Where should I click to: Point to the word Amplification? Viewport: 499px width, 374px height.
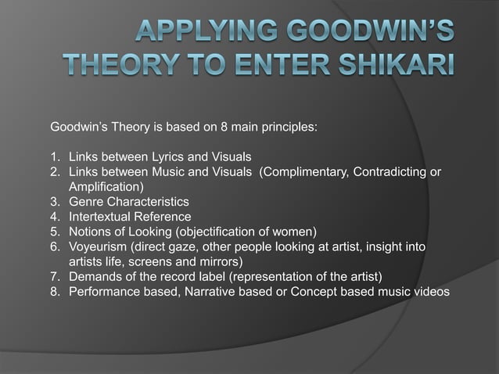click(104, 188)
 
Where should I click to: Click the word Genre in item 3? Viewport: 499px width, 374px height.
click(87, 202)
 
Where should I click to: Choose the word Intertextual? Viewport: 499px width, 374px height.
click(102, 217)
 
